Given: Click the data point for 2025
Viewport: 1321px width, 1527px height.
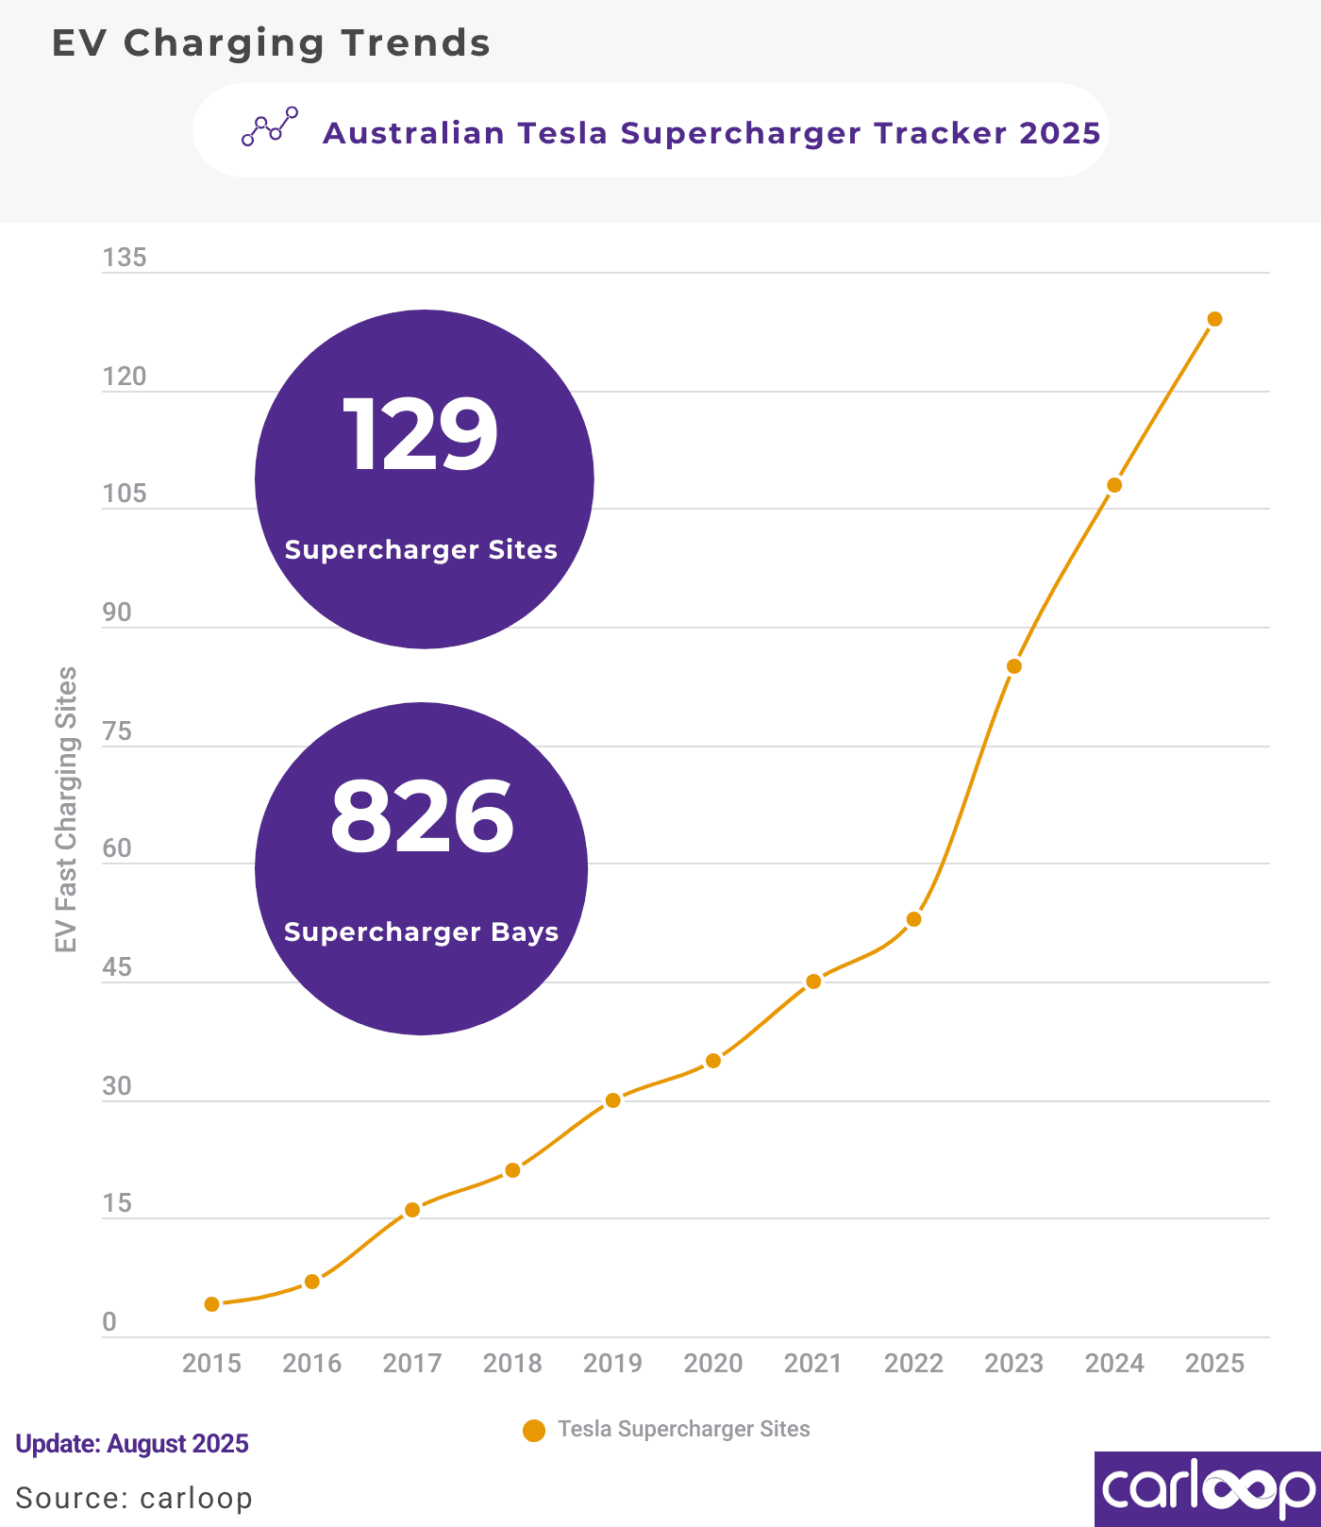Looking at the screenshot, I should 1214,319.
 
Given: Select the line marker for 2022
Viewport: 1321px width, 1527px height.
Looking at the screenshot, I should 913,919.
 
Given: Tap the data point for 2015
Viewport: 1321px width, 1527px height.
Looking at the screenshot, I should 212,1304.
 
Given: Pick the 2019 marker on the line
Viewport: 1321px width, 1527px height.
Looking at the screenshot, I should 613,1100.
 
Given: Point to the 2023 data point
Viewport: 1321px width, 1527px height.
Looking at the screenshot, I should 1014,666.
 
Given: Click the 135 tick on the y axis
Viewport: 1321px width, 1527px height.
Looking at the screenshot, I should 125,258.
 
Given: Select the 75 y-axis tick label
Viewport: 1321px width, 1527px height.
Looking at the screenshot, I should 117,731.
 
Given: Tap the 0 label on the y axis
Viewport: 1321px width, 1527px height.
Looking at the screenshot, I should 109,1322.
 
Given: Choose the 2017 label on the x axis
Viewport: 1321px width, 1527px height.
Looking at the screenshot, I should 412,1364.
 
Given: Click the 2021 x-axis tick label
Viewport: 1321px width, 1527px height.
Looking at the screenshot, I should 813,1364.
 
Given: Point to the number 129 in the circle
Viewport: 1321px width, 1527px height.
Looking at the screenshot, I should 421,435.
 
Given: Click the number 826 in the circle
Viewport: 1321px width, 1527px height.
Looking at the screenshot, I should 422,816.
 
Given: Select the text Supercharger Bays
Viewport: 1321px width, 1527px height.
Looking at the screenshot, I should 421,932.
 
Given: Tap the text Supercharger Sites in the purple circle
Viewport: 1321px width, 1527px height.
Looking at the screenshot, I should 421,550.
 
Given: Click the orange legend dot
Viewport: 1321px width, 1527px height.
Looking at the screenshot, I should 534,1431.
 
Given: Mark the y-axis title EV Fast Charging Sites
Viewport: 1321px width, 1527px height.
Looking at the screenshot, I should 66,810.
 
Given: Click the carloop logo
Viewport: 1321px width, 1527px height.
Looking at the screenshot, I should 1208,1489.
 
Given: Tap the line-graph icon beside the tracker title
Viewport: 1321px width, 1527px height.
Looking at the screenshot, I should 270,126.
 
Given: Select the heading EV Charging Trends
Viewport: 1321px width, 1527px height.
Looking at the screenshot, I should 271,43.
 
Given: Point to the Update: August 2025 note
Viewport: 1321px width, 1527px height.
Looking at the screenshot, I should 132,1444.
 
